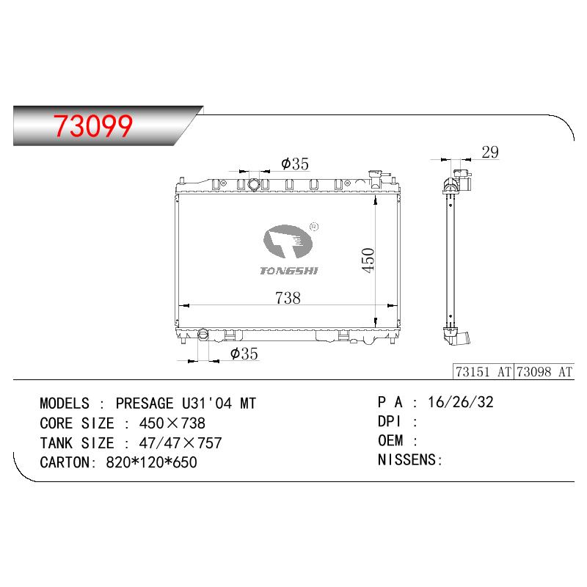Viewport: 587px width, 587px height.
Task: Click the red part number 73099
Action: [93, 125]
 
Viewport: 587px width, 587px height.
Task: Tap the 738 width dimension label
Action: [288, 298]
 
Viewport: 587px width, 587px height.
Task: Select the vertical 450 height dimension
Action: [368, 260]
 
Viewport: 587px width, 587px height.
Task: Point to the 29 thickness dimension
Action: [490, 153]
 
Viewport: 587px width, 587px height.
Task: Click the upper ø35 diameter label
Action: [295, 164]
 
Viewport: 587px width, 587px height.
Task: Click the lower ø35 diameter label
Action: [244, 354]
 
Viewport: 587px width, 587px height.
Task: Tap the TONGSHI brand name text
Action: [289, 271]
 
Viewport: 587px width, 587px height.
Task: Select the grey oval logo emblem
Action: [288, 241]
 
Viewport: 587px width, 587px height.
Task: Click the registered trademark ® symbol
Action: [314, 227]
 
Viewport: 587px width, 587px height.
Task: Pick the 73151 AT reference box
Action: [484, 372]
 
